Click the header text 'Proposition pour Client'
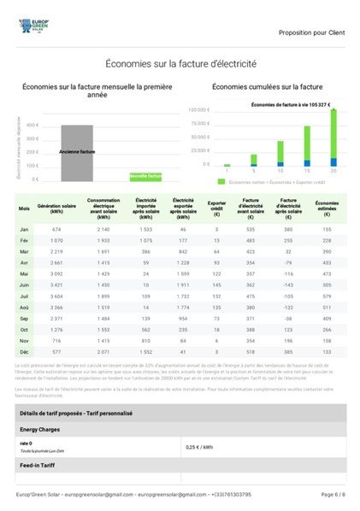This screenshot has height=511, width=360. coord(311,32)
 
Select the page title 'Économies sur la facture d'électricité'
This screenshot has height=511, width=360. coord(180,63)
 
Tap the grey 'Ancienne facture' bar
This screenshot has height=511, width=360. coord(77,151)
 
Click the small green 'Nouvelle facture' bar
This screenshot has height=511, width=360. coord(145,176)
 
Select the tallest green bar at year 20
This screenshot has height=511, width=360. coord(333,133)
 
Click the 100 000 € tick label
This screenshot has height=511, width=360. coord(198,110)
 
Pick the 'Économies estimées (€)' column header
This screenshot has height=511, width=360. coord(327,209)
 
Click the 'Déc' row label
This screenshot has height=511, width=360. coord(24,351)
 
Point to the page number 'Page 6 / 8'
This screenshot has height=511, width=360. coord(333,495)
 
